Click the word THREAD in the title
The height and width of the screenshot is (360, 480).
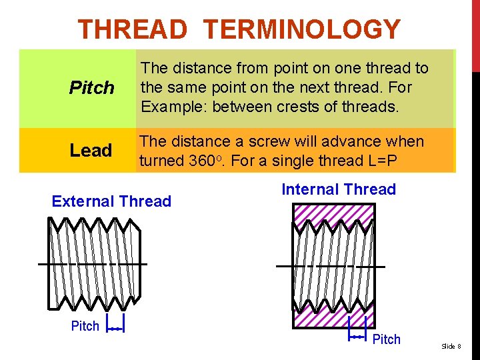coord(133,30)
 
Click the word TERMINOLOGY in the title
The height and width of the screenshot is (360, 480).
coord(302,30)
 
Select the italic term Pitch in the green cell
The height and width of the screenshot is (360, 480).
coord(91,88)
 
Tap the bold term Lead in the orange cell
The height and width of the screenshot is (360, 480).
coord(91,151)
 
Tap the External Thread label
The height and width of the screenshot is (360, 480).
coord(111,201)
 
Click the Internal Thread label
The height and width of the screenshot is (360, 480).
coord(339,189)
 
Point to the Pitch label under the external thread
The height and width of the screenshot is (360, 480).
coord(85,326)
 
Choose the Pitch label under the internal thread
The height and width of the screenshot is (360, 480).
coord(386,339)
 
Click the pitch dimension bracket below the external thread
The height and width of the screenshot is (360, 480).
coord(115,329)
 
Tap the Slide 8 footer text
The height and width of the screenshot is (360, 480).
coord(451,346)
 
